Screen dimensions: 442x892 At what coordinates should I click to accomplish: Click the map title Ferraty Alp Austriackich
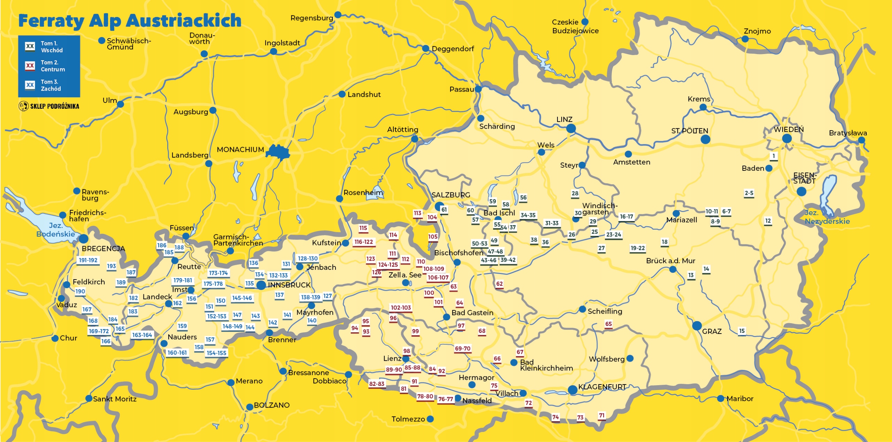tap(130, 21)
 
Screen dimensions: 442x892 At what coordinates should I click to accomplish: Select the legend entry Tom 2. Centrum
tap(49, 66)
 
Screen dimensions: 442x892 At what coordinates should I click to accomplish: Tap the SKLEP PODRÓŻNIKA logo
tap(49, 106)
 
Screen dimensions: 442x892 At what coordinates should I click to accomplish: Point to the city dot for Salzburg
tap(439, 206)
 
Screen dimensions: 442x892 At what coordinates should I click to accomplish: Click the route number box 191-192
tap(88, 260)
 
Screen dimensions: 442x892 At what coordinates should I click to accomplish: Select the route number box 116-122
tap(363, 242)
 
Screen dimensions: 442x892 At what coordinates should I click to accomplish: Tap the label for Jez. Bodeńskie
tap(55, 230)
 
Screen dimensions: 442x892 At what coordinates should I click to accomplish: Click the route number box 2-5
tap(749, 193)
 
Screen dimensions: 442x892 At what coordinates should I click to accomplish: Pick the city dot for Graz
tap(697, 326)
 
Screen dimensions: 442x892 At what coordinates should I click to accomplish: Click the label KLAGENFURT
tap(602, 387)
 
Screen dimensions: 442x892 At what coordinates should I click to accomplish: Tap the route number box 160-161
tap(177, 353)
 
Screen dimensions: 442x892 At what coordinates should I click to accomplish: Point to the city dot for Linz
tap(571, 128)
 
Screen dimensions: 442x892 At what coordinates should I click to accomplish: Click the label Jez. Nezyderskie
tap(827, 217)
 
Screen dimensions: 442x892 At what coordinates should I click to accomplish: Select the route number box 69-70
tap(462, 349)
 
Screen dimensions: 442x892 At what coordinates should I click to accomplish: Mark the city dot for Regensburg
tap(338, 15)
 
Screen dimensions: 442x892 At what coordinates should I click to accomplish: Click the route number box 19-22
tap(638, 248)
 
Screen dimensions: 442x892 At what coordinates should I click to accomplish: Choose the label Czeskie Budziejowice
tap(575, 26)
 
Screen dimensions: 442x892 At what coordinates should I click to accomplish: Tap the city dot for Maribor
tap(721, 398)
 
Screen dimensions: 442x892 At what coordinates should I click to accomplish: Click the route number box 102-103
tap(401, 308)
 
